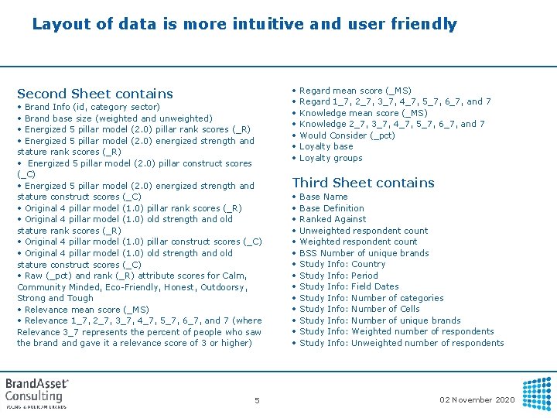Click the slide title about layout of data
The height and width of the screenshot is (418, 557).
click(x=244, y=24)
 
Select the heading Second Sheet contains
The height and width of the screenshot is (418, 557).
click(x=95, y=94)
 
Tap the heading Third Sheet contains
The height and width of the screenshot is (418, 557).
click(x=363, y=183)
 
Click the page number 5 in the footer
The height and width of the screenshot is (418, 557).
click(x=257, y=400)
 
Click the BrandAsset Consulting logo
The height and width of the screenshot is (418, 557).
click(x=37, y=392)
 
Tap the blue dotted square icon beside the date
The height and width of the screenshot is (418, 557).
click(x=538, y=393)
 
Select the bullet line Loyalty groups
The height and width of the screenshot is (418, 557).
click(x=330, y=158)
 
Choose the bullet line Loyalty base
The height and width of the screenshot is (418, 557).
click(x=326, y=146)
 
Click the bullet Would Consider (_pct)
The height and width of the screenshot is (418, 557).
click(x=347, y=135)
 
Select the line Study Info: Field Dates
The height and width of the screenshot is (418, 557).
click(x=349, y=286)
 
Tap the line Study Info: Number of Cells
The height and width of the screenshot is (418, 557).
click(x=359, y=309)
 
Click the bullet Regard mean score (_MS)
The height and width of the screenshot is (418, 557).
click(x=355, y=91)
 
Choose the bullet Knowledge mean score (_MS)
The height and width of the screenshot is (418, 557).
click(x=363, y=113)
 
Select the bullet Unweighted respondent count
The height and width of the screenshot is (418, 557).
click(x=363, y=231)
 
